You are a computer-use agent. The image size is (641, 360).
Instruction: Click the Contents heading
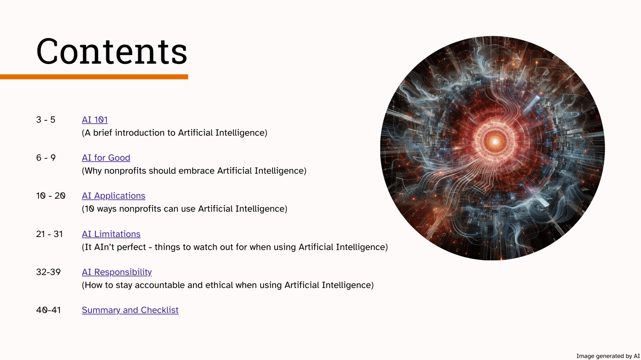(x=112, y=52)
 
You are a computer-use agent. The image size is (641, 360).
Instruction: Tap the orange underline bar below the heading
(x=94, y=76)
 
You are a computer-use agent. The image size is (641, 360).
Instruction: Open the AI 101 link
(x=95, y=120)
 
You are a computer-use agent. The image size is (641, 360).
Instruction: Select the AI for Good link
(x=106, y=158)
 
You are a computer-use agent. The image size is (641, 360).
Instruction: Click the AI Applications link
(x=114, y=196)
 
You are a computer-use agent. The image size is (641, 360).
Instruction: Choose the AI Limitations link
(x=111, y=234)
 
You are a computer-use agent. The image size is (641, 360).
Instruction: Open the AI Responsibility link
(x=117, y=272)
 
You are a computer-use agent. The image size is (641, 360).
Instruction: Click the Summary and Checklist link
(x=130, y=310)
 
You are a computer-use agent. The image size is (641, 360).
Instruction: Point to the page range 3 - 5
(x=46, y=120)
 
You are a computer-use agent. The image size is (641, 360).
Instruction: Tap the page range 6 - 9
(x=46, y=158)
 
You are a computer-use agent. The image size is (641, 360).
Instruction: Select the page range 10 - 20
(x=51, y=196)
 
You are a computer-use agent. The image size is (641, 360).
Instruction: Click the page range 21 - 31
(x=50, y=234)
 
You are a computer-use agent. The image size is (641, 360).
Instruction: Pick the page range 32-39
(x=48, y=272)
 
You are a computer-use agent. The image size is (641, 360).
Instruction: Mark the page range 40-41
(x=48, y=310)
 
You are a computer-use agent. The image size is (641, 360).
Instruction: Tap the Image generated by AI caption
(x=608, y=356)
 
